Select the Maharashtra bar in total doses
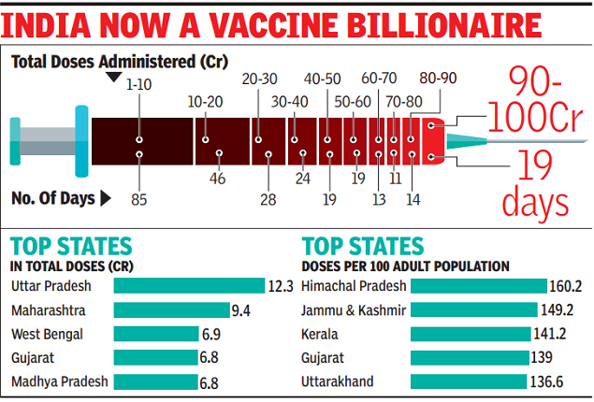(171, 309)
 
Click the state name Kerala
(322, 334)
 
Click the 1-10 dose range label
(138, 87)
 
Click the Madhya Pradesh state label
(58, 381)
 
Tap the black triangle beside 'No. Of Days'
(105, 197)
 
